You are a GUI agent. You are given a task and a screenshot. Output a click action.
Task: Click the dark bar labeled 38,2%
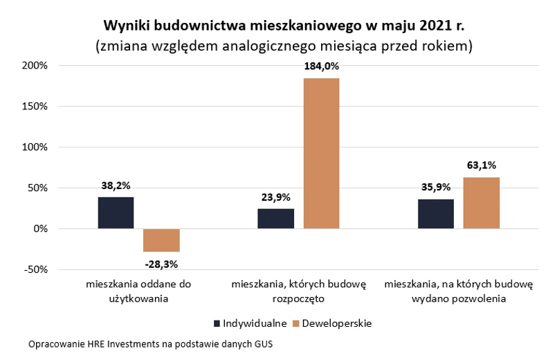116,213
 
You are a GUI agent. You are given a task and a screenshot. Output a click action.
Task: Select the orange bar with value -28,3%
161,240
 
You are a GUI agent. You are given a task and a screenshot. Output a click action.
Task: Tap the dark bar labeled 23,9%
276,218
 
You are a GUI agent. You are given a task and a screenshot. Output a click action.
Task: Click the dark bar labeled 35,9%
436,213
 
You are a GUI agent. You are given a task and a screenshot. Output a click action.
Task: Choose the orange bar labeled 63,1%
481,202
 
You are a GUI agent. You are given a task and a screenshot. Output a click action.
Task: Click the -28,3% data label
161,263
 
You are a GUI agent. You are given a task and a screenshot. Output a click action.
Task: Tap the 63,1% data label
482,165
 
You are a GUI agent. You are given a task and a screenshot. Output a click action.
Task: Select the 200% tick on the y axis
34,66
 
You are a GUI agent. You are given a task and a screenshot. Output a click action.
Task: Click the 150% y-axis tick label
34,107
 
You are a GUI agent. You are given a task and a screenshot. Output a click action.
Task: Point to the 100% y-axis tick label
34,147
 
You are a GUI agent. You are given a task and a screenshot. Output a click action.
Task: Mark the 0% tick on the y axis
39,228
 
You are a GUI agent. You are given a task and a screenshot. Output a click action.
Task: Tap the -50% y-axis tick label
34,269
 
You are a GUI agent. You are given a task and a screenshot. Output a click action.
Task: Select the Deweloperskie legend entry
332,323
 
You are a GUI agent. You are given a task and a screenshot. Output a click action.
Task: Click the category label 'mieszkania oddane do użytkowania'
138,291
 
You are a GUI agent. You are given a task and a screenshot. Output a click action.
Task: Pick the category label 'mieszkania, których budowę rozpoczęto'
299,291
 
